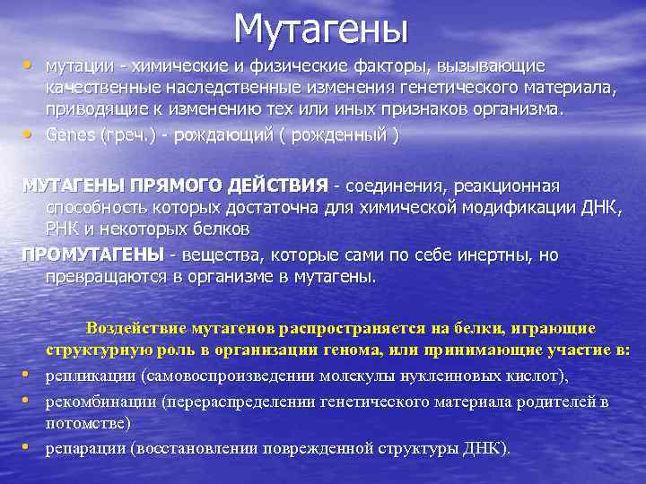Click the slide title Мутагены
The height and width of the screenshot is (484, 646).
321,29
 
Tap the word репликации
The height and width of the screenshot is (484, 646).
84,375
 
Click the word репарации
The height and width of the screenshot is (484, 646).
84,446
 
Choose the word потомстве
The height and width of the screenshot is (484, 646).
87,422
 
